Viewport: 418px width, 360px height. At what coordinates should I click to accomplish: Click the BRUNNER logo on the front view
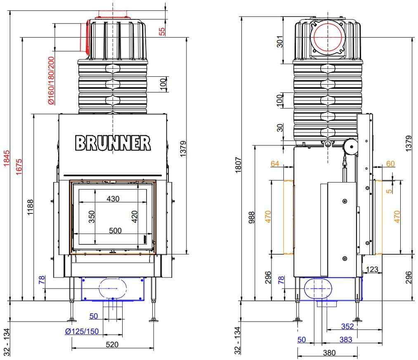pyautogui.click(x=113, y=143)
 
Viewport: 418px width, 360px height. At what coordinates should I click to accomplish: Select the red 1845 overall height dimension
pyautogui.click(x=7, y=158)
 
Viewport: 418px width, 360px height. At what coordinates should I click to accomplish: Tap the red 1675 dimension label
pyautogui.click(x=19, y=167)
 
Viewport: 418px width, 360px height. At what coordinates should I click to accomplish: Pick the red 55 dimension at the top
pyautogui.click(x=162, y=31)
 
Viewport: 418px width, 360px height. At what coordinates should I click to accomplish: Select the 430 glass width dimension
pyautogui.click(x=113, y=199)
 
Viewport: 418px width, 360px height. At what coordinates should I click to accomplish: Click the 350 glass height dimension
pyautogui.click(x=92, y=216)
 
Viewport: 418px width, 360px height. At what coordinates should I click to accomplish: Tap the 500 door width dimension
pyautogui.click(x=115, y=230)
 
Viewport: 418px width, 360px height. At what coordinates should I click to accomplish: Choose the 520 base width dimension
pyautogui.click(x=112, y=345)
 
